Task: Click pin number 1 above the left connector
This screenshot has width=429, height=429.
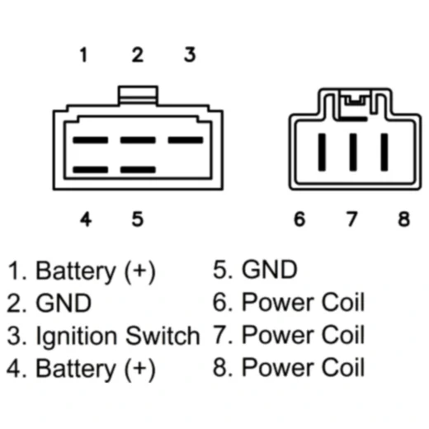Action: coord(83,54)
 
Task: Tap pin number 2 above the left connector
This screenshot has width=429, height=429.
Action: coord(138,54)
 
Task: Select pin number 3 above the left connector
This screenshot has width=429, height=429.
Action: coord(190,54)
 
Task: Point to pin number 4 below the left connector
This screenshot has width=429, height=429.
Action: coord(86,219)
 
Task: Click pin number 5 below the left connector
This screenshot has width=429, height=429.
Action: coord(138,219)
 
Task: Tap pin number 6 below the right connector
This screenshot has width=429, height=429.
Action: coord(299,219)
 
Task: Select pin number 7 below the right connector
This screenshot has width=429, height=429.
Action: coord(351,219)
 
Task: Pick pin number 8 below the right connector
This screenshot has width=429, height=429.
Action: coord(403,219)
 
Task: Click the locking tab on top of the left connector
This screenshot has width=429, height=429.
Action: coord(138,95)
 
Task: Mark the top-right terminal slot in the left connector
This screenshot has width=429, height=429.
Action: coord(186,140)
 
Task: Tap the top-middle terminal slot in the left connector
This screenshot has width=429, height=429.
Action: coord(138,140)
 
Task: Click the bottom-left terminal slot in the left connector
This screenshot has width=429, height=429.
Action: coord(91,169)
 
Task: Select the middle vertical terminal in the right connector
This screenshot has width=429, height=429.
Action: coord(353,152)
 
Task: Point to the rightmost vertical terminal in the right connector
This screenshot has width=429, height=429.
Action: coord(384,152)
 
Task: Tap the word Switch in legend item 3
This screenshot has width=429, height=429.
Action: coord(163,335)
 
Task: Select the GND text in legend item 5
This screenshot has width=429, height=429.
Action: coord(270,270)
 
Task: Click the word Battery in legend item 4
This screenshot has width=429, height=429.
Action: coord(76,369)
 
